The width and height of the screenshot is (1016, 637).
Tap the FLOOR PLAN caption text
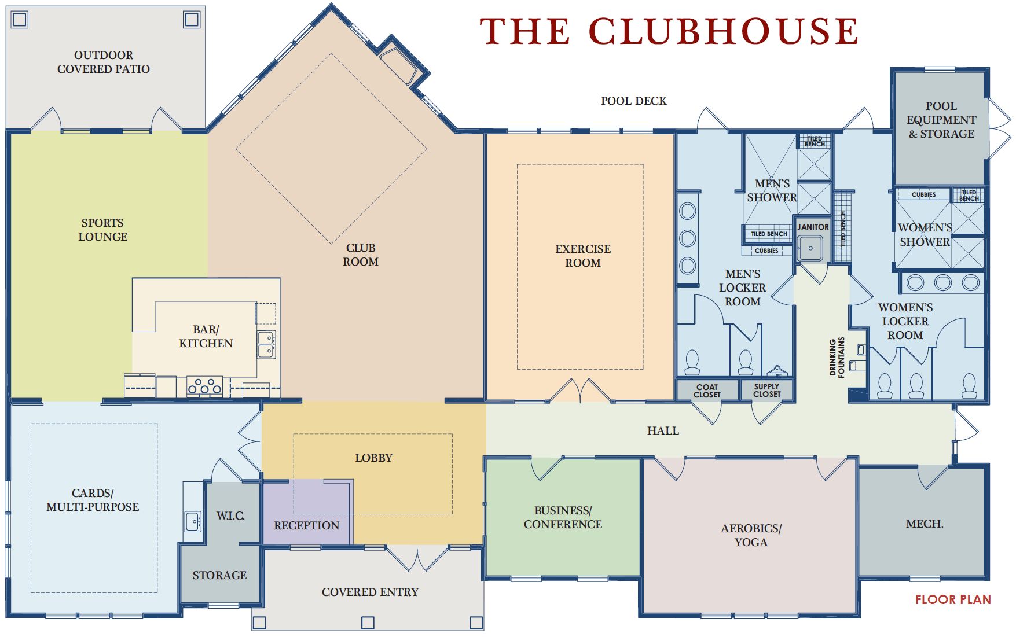tap(953, 600)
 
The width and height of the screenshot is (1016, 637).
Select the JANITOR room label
tap(813, 227)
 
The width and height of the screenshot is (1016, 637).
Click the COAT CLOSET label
tap(707, 391)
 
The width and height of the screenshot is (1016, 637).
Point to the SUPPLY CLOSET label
tap(767, 391)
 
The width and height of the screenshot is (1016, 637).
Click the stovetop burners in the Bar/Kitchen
tap(204, 386)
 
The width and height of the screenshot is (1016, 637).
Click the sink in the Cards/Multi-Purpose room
tap(193, 521)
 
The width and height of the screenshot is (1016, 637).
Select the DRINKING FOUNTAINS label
tap(837, 357)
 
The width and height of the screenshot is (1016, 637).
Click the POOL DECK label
tap(633, 101)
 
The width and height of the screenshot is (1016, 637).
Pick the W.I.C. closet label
tap(230, 516)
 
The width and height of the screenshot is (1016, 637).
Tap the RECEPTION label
tap(306, 525)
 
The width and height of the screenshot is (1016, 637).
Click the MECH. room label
tap(925, 524)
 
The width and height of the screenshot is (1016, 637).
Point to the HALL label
tap(663, 430)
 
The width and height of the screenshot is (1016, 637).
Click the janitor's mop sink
tap(810, 249)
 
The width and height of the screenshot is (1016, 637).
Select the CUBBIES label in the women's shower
tap(923, 194)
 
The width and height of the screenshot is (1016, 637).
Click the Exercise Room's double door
tap(581, 390)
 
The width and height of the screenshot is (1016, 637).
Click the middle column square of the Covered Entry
tap(368, 623)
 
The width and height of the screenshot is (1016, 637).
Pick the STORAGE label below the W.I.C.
tap(219, 575)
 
